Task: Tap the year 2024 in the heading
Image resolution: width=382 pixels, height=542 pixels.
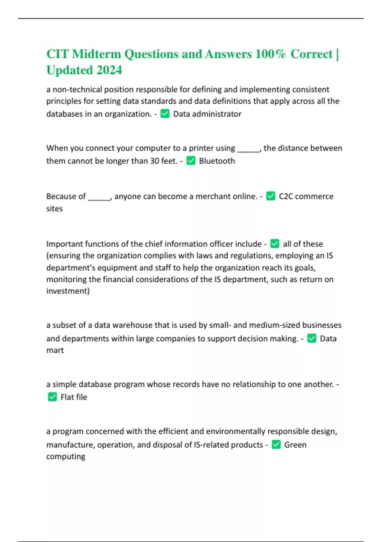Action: point(109,70)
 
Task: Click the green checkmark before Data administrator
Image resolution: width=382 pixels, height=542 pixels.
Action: point(165,114)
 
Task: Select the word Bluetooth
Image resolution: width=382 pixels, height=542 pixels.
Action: point(217,161)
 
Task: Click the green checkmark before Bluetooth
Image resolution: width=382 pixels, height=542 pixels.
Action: point(191,161)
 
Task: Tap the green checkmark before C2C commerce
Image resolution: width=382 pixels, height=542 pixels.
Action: point(271,196)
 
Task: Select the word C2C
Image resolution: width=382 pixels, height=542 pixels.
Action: point(286,196)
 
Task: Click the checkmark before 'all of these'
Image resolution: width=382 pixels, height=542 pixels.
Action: point(275,244)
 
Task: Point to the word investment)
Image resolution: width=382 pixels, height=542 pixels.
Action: point(68,291)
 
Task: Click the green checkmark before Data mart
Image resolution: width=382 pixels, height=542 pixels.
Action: point(312,338)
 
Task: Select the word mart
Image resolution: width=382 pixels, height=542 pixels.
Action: point(55,350)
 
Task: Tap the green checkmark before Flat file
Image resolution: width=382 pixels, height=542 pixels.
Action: point(52,397)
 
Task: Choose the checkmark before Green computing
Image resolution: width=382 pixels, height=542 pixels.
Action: point(276,444)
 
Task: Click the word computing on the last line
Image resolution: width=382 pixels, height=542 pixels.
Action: point(66,456)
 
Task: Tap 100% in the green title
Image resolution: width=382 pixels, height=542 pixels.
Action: point(270,54)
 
